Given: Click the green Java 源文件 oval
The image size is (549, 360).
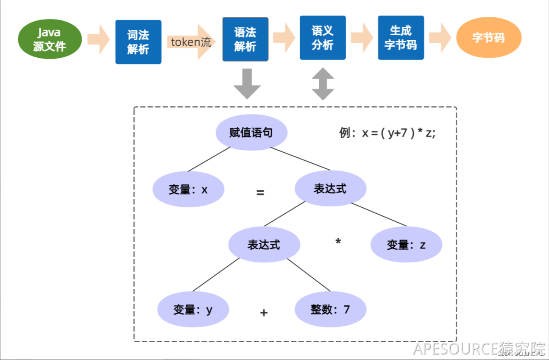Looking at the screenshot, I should [x=50, y=39].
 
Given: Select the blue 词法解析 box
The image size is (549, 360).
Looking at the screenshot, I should [x=138, y=42].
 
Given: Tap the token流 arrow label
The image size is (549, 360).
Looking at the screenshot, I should [x=191, y=42].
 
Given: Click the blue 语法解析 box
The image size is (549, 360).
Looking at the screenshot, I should [x=245, y=39].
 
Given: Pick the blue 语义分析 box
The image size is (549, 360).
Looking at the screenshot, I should [x=323, y=38].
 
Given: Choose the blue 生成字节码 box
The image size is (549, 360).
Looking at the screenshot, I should [x=401, y=38].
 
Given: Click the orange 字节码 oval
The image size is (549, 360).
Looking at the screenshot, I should [x=488, y=38].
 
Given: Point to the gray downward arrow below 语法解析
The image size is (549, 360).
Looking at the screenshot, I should [x=247, y=84].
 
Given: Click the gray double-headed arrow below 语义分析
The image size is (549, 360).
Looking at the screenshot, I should [x=323, y=84].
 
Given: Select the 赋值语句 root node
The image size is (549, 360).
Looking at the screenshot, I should [x=251, y=133].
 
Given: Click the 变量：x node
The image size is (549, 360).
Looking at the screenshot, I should [x=188, y=189].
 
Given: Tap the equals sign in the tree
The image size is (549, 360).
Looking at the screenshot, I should [x=260, y=193].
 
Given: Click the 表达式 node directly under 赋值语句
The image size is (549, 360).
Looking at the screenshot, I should [x=330, y=189].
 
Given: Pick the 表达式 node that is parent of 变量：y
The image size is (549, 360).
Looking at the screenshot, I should [x=264, y=245].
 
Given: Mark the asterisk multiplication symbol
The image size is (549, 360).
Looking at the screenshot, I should [x=338, y=242].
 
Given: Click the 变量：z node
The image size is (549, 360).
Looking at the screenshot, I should [x=406, y=245].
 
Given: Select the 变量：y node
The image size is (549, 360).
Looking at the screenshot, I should [x=193, y=310].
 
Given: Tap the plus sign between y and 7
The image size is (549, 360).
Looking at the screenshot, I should [x=264, y=313].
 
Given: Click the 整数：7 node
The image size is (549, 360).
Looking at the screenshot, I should [x=330, y=310].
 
